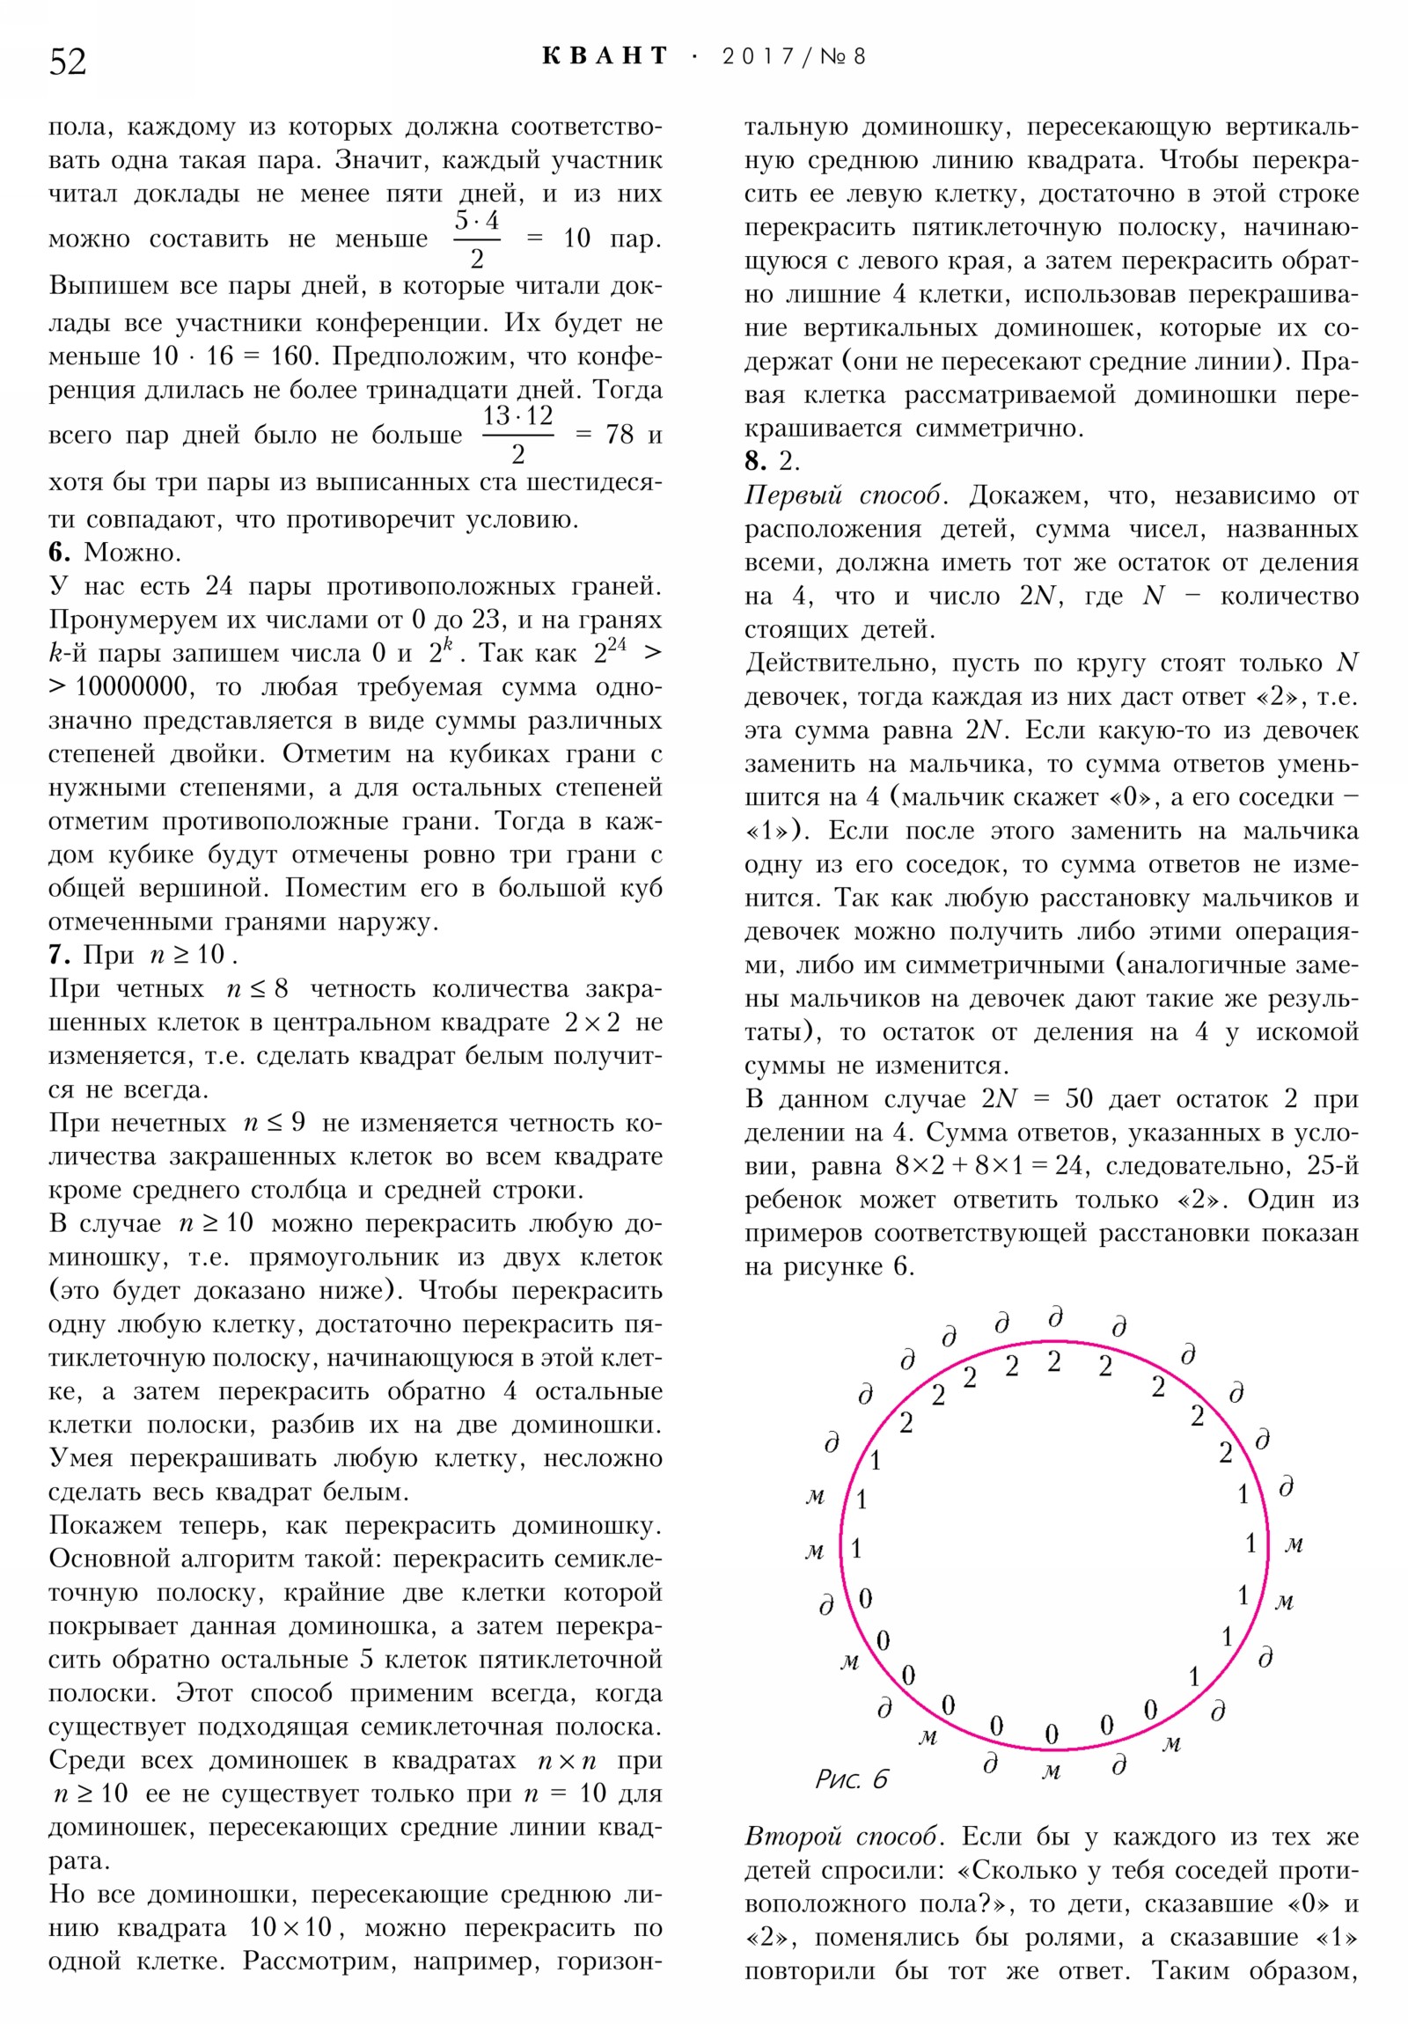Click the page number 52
coord(68,62)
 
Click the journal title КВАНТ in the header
coord(605,56)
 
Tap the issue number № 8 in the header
coord(843,57)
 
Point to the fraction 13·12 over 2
coord(517,435)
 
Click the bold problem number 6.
coord(58,553)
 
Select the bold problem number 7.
coord(58,955)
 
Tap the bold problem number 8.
coord(754,460)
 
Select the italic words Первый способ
coord(843,495)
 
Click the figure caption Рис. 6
coord(852,1779)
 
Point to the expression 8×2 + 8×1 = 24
coord(988,1166)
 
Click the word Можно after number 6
coord(132,553)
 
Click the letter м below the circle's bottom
coord(1051,1771)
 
